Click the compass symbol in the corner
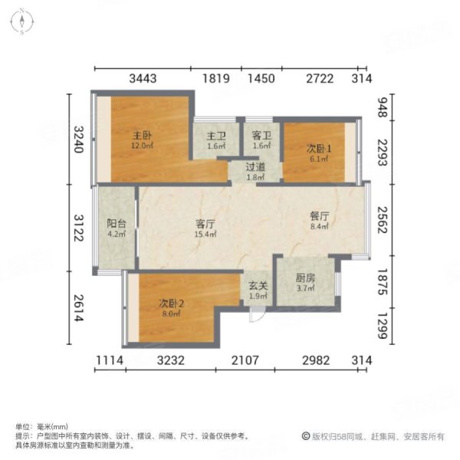pyautogui.click(x=25, y=21)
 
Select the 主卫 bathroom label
pyautogui.click(x=215, y=136)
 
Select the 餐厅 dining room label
pyautogui.click(x=319, y=217)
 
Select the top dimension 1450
pyautogui.click(x=262, y=78)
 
